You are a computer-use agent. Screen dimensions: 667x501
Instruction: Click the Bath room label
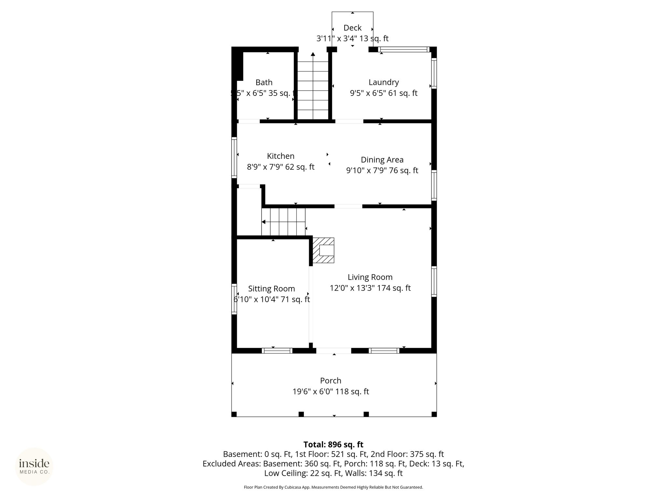[264, 83]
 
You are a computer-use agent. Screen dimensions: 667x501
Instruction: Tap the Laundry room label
[384, 82]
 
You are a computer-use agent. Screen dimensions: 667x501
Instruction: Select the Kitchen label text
[281, 156]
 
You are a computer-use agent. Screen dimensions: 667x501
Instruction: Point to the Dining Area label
[382, 160]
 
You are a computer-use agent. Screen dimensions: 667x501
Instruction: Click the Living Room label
[370, 277]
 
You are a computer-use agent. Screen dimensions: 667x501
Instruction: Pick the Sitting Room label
[272, 289]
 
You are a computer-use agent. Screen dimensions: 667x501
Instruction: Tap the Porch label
[331, 381]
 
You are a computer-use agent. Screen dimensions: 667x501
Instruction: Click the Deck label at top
[352, 28]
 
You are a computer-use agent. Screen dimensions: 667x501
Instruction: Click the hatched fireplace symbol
[323, 250]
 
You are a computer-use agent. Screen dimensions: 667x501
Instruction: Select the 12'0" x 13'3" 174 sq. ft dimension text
[370, 288]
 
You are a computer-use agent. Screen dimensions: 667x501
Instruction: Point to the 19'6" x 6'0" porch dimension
[331, 391]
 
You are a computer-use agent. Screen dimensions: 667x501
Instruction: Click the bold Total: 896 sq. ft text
[333, 445]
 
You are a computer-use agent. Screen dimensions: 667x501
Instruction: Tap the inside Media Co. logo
[34, 466]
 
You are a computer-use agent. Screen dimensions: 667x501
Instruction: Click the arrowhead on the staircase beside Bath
[313, 54]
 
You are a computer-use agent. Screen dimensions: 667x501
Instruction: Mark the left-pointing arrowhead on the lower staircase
[263, 222]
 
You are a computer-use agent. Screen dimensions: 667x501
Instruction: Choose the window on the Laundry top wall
[404, 50]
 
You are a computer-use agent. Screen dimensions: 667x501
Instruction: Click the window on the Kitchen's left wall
[234, 158]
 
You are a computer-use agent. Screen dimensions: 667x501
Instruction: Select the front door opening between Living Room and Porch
[333, 351]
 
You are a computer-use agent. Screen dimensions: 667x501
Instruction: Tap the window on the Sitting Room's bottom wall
[277, 351]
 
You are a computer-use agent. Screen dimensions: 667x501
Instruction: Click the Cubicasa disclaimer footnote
[333, 487]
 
